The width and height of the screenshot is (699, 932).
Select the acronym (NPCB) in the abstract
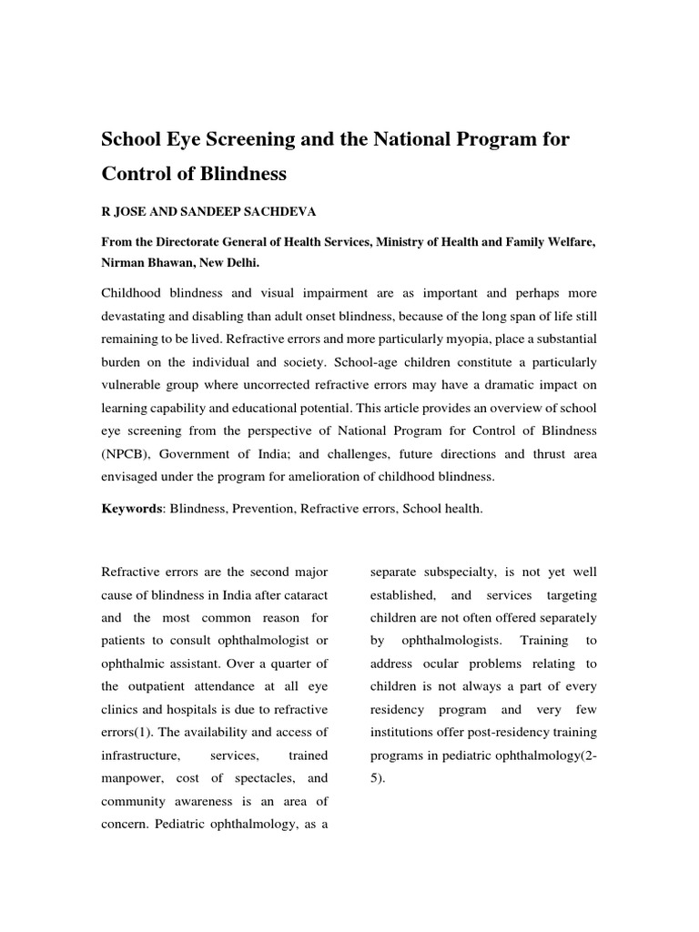coord(127,452)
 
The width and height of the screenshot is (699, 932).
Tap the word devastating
coord(137,314)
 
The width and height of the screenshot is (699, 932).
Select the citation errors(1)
coord(132,733)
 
